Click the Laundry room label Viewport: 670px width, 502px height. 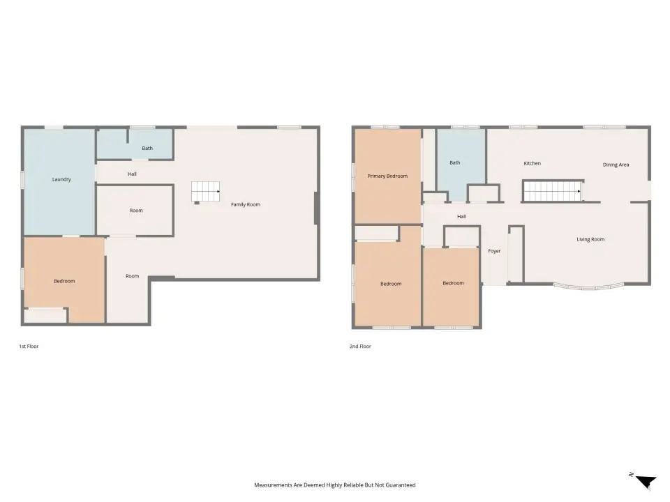(x=61, y=180)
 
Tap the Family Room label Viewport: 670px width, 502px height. (x=245, y=204)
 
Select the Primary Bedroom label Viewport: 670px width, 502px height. (x=387, y=176)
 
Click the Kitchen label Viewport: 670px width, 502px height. (x=532, y=163)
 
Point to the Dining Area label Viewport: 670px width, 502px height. (x=616, y=165)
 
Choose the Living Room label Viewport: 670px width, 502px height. (x=590, y=239)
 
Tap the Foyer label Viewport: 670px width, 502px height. (x=494, y=251)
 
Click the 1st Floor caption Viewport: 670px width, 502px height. (x=29, y=347)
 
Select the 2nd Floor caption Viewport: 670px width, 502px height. (x=360, y=347)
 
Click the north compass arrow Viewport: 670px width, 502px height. (x=646, y=482)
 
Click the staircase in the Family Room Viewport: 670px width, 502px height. (x=205, y=191)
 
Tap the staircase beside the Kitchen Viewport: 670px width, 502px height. (x=552, y=191)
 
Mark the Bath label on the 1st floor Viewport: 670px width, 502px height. (x=147, y=148)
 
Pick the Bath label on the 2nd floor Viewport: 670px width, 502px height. (x=454, y=162)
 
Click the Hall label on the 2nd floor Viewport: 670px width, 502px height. (x=461, y=216)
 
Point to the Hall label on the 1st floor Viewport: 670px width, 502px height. (x=132, y=174)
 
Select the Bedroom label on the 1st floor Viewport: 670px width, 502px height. (x=64, y=281)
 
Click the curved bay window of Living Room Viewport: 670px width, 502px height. (x=588, y=287)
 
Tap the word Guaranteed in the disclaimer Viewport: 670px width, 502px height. (x=401, y=485)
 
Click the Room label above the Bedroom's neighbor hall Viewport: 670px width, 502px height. (x=136, y=211)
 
